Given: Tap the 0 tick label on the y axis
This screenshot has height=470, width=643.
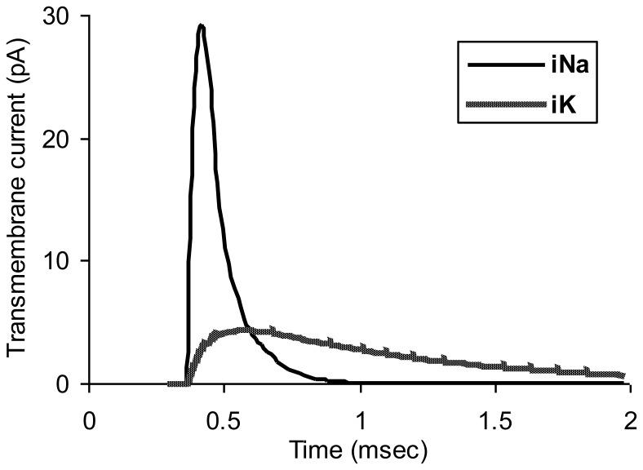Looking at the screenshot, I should tap(73, 384).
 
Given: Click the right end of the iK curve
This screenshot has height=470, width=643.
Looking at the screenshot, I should tap(623, 375).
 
